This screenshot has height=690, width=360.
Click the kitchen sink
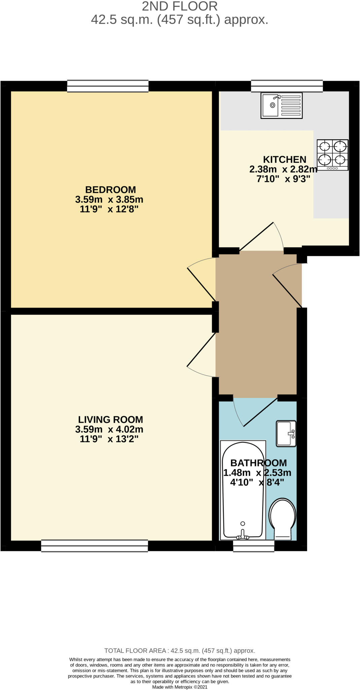coord(282,106)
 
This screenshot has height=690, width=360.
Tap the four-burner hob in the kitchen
coord(332,155)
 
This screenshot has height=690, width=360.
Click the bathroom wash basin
coord(286,433)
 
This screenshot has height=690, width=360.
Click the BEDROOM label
coord(110,189)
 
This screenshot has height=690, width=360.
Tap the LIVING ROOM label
coord(110,419)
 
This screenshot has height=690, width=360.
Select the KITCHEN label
coord(285,159)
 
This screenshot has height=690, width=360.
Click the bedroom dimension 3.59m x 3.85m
coord(109,199)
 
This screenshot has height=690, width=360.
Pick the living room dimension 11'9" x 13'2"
coord(109,439)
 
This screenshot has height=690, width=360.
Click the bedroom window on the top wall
coord(108,86)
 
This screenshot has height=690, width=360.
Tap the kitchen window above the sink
coord(287,86)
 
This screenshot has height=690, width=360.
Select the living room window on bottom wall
coord(94,545)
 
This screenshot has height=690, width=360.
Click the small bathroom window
coord(254,546)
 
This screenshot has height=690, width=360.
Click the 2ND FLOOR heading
coord(179,6)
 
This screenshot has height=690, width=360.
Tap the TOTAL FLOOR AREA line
coord(179,651)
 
